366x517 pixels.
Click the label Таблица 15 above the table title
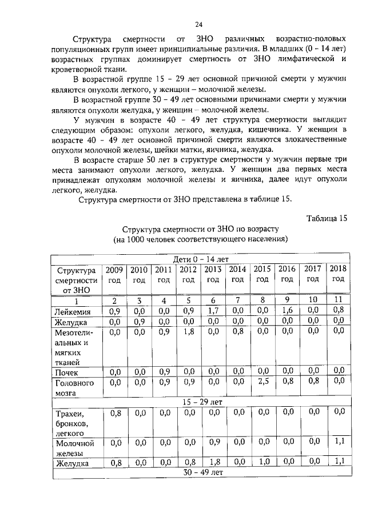[327, 218]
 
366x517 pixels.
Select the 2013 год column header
[213, 274]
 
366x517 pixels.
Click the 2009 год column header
[114, 274]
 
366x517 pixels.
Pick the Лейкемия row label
[72, 312]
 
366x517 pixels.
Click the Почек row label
[66, 371]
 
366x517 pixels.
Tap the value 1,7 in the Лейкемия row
[213, 312]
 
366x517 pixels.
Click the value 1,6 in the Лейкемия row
[287, 312]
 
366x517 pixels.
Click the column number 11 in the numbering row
[338, 300]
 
